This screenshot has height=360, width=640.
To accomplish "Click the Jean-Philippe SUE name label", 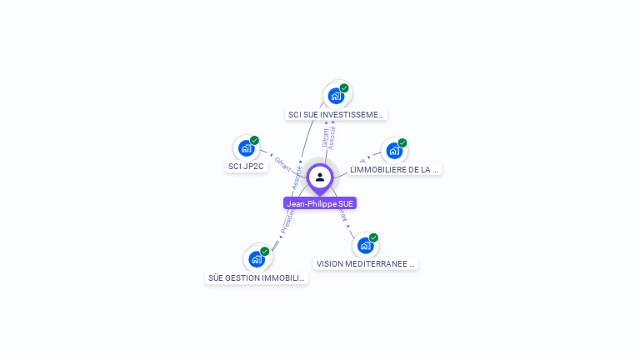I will (320, 203).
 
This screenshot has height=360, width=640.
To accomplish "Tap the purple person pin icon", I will (320, 177).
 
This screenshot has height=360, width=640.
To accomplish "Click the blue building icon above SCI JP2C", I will (245, 148).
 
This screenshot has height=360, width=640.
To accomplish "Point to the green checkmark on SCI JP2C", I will (254, 140).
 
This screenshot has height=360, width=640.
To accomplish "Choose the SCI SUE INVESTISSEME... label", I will (336, 114).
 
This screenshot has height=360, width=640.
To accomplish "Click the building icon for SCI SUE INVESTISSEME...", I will (335, 96).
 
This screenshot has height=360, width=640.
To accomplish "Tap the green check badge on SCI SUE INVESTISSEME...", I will (344, 87).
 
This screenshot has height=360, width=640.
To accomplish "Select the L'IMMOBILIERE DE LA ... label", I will (394, 169).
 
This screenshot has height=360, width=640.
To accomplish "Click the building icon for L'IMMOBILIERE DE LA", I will (393, 151).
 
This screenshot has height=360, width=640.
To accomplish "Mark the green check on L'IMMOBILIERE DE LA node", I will (402, 142).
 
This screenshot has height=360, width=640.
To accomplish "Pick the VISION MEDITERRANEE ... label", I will (366, 263).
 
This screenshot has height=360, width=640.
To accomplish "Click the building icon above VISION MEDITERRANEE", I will (364, 246).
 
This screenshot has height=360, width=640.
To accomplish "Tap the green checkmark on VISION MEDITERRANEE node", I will (373, 237).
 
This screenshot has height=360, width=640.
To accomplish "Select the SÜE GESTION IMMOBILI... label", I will (257, 277).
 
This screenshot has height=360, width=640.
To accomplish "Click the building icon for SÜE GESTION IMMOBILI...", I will (256, 259).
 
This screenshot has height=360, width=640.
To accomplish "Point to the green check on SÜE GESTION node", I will (265, 251).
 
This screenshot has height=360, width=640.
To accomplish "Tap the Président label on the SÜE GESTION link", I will (287, 220).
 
